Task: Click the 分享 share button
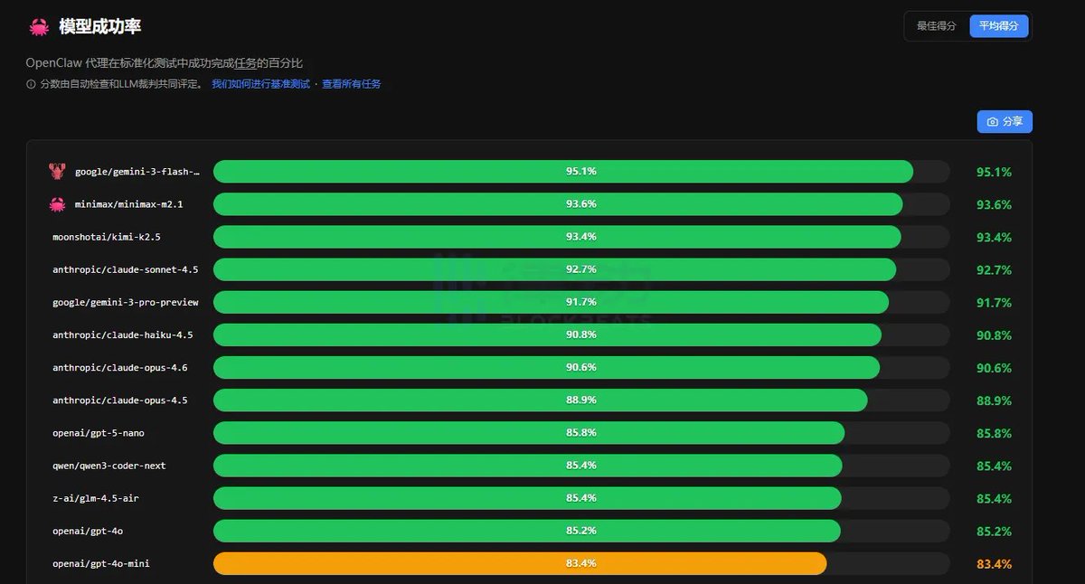[1005, 122]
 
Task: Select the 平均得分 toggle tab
[998, 26]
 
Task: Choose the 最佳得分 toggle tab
[936, 26]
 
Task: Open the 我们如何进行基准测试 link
[260, 84]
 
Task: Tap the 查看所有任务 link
[352, 84]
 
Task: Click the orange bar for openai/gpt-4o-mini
[520, 563]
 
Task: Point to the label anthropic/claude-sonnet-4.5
[125, 269]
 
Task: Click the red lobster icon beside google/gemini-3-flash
[58, 172]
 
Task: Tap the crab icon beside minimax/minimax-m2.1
[58, 204]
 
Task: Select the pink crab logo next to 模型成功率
[39, 27]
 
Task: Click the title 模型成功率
[99, 27]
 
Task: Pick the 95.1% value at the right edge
[994, 172]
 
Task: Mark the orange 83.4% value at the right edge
[994, 564]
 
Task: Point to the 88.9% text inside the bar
[581, 400]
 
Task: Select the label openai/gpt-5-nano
[98, 433]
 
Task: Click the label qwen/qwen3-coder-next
[109, 466]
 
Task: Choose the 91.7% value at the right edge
[994, 303]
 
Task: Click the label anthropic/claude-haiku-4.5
[122, 334]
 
